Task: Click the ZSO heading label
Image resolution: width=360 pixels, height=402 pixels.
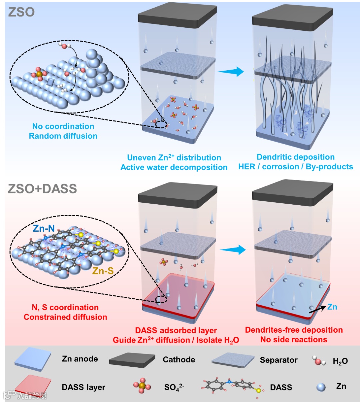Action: point(21,12)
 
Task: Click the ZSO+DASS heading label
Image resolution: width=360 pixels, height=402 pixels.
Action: point(42,189)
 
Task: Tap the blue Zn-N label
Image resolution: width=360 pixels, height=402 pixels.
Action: point(44,228)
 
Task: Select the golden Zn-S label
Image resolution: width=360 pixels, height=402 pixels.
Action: point(103,271)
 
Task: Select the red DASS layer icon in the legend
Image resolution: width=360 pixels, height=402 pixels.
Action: point(33,386)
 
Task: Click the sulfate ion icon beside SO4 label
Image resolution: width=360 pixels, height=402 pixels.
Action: point(142,386)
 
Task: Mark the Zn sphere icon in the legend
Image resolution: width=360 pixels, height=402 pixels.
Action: point(321,387)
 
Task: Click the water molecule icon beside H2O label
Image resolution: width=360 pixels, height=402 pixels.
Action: point(318,361)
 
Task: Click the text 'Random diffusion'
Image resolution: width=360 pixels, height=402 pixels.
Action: point(63,136)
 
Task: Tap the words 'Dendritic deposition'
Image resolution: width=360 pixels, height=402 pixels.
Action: point(295,157)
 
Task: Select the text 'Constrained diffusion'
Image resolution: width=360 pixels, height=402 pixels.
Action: point(65,317)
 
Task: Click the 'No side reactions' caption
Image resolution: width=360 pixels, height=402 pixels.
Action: point(294,340)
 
